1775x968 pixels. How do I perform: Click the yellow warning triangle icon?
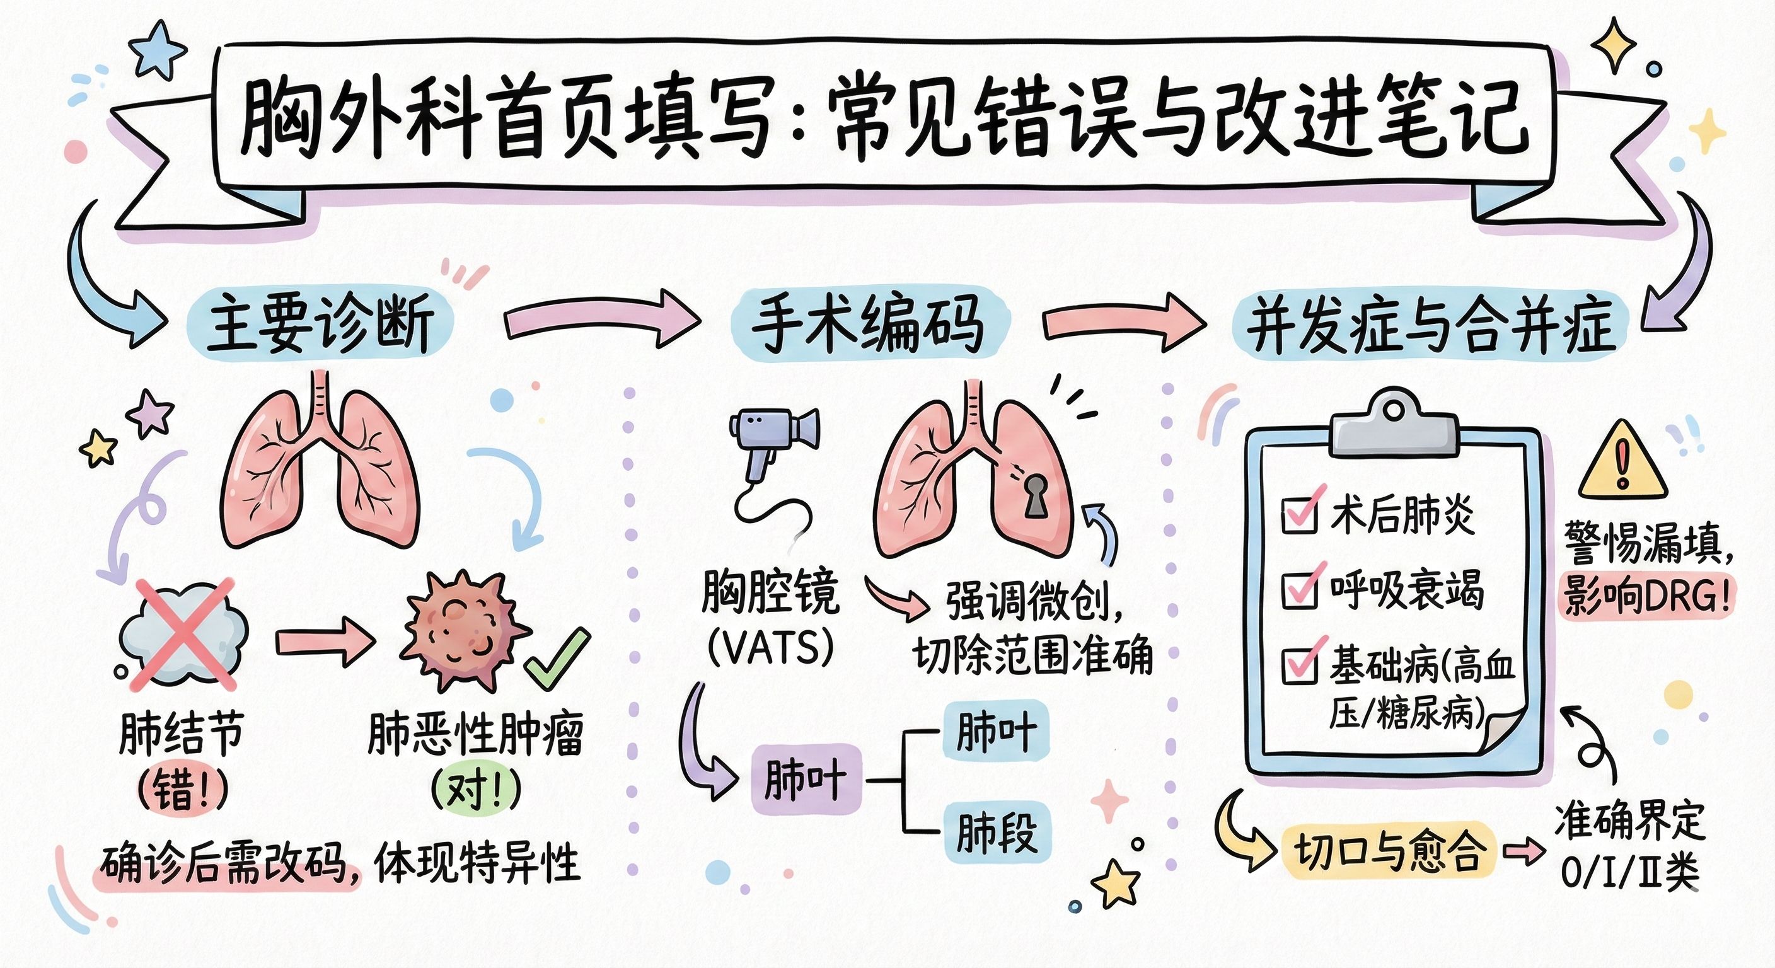coord(1622,464)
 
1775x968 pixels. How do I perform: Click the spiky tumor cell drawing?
coord(463,630)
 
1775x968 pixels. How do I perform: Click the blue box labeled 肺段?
coord(997,832)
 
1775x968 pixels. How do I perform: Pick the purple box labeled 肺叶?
coord(806,780)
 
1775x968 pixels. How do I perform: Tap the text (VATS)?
coord(771,648)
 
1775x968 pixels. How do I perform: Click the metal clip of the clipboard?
coord(1394,427)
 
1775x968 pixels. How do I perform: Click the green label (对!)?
coord(475,790)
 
